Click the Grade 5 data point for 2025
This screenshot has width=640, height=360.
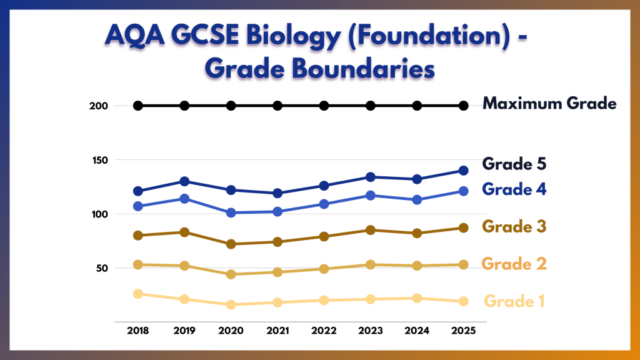tap(464, 171)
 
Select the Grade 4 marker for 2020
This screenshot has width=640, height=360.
tap(231, 212)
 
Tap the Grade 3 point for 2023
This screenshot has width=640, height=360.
tap(371, 230)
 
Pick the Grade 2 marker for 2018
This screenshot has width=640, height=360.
tap(138, 264)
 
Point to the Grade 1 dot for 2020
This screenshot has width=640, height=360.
tap(231, 305)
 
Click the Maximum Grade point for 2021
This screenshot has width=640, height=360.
tap(277, 106)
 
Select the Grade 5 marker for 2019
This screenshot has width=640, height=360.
tap(185, 181)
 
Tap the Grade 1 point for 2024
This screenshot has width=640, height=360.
tap(417, 298)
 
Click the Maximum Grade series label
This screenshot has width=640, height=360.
tap(549, 104)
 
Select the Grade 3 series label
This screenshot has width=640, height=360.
tap(514, 227)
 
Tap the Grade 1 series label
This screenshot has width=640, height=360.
tap(514, 301)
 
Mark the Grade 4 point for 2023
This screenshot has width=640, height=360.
tap(371, 196)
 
